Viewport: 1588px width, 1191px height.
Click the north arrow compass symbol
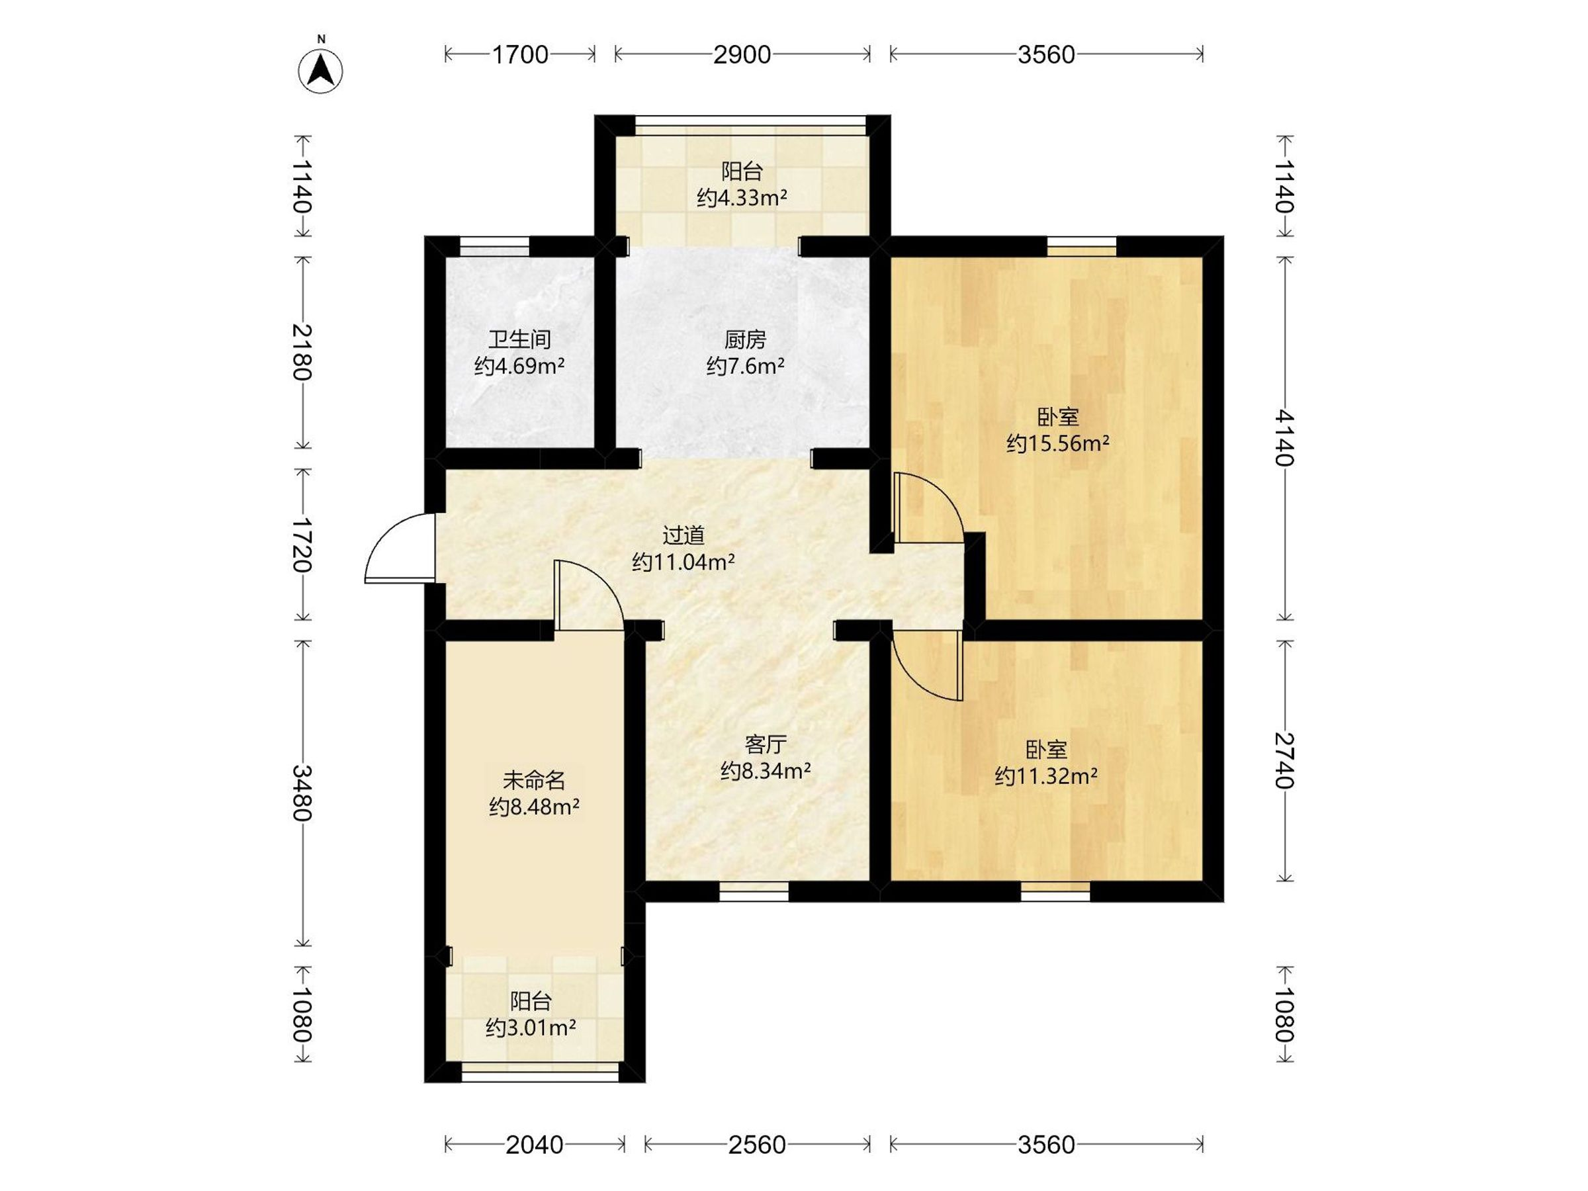click(x=320, y=70)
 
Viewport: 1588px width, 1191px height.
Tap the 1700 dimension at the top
click(x=520, y=54)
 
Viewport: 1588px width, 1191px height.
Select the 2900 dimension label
click(x=742, y=54)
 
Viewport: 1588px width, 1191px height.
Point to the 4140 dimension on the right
click(x=1285, y=438)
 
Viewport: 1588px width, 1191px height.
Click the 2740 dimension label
click(x=1285, y=760)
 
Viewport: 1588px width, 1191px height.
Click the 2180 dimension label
click(x=302, y=352)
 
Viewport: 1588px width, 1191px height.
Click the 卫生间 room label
click(x=520, y=339)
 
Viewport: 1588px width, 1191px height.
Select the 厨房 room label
click(x=745, y=339)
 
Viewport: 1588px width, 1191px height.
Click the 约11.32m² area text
click(x=1046, y=776)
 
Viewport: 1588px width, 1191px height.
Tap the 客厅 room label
click(x=766, y=744)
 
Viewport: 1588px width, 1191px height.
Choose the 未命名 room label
click(x=534, y=779)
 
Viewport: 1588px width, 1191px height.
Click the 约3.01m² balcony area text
click(x=531, y=1028)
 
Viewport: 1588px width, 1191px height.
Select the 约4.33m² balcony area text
click(x=742, y=197)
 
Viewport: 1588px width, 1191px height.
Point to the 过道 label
click(x=684, y=535)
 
